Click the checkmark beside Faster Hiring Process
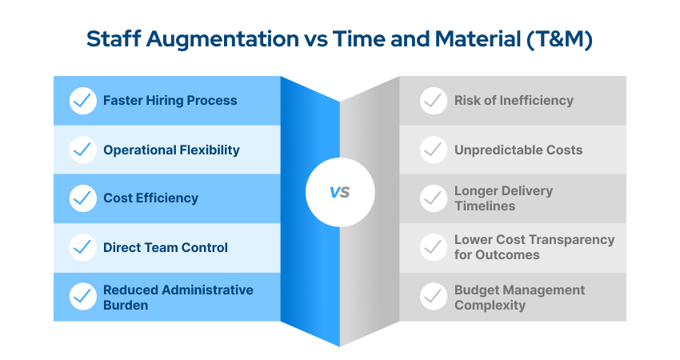(x=83, y=101)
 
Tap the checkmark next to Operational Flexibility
(x=83, y=150)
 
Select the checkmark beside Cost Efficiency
(x=83, y=198)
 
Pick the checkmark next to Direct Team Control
(x=83, y=247)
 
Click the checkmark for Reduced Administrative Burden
(x=83, y=297)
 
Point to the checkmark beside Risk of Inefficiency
(x=434, y=101)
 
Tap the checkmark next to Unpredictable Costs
(x=434, y=150)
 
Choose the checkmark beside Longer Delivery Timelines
(x=434, y=198)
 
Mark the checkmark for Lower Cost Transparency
(x=434, y=247)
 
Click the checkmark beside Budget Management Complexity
(x=434, y=297)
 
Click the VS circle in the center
(x=340, y=193)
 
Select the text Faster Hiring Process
(x=170, y=101)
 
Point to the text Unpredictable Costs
(x=518, y=150)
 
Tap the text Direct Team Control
(x=165, y=247)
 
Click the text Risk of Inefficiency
(x=514, y=101)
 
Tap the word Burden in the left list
(x=126, y=305)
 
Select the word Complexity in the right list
(x=490, y=305)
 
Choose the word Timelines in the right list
(x=485, y=206)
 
